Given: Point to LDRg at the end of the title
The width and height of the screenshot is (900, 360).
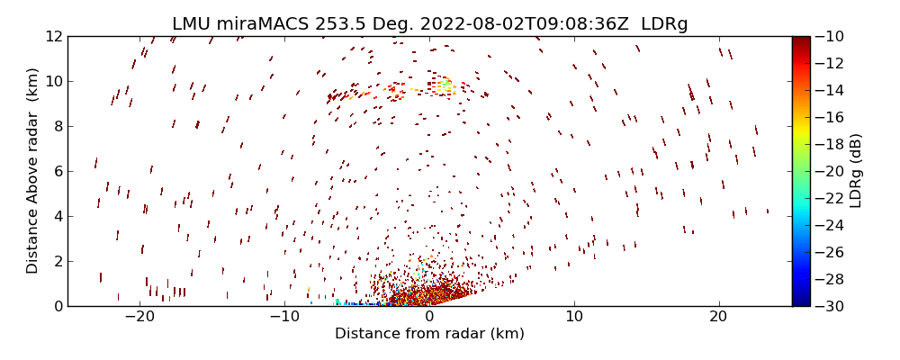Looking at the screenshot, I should (664, 24).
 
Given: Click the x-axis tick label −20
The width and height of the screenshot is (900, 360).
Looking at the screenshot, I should (139, 317).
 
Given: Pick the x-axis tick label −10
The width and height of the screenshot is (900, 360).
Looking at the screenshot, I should (284, 317).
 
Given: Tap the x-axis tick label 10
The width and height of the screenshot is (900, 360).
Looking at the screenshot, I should (573, 317).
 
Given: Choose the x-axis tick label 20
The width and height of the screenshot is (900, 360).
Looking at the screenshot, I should (718, 317).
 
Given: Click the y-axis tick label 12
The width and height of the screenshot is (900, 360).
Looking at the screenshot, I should (52, 36).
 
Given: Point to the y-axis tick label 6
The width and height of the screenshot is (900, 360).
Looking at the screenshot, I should (57, 171).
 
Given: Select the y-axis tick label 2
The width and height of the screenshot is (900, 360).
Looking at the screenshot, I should (57, 261).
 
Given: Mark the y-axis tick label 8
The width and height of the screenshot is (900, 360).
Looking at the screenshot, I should (57, 126).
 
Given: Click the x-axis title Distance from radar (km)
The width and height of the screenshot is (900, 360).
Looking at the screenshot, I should (429, 334).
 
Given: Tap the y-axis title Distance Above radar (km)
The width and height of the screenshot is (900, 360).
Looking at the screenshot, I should (33, 170).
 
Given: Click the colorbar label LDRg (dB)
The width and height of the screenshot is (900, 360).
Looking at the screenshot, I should (855, 170).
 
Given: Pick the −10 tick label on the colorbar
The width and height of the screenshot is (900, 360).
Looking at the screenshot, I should (831, 36).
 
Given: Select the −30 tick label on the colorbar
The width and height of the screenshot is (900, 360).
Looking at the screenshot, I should (831, 306).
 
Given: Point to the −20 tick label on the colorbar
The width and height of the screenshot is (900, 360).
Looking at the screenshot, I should (831, 171).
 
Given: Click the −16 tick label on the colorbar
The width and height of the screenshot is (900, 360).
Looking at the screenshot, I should (831, 117).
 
